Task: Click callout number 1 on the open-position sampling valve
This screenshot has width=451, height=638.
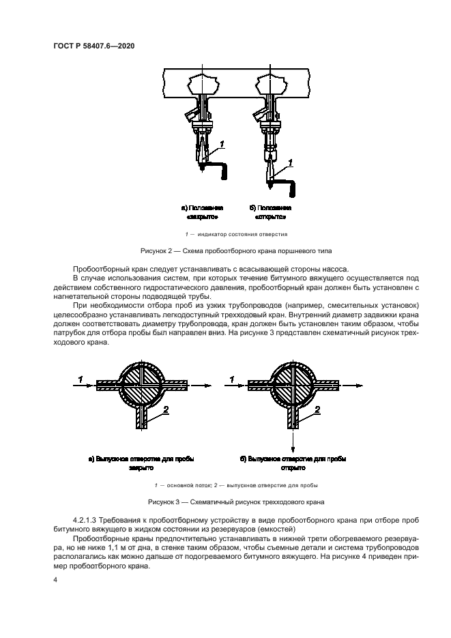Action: coord(291,162)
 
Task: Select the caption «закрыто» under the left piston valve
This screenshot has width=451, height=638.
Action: coord(202,217)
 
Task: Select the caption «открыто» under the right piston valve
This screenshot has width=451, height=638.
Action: coord(271,217)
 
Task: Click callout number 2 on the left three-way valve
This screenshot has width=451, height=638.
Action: coord(166,409)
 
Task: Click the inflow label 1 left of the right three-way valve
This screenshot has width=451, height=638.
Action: coord(232,378)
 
